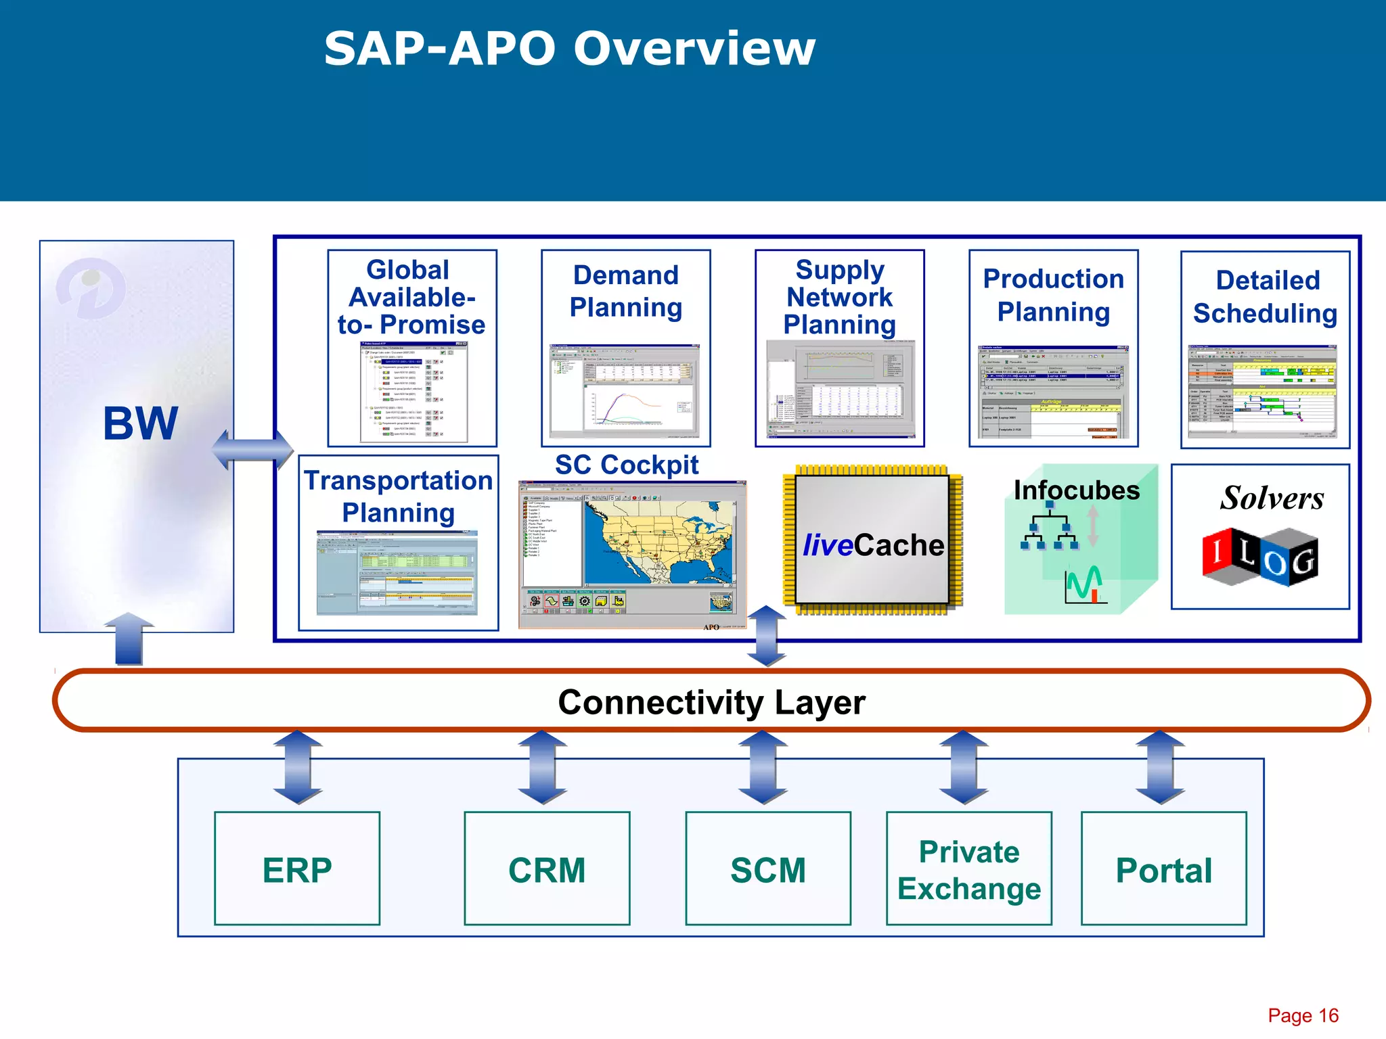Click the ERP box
pos(297,869)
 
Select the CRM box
pos(547,869)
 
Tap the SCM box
pos(768,869)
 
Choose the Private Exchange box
pos(969,869)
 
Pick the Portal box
pos(1164,869)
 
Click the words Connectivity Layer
pos(711,702)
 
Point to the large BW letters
pos(141,424)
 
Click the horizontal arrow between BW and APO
pos(252,449)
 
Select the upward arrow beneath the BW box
pos(129,639)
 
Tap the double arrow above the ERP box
pos(298,767)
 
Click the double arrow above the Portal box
pos(1161,767)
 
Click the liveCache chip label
pos(873,545)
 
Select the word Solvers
pos(1272,499)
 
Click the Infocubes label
pos(1076,490)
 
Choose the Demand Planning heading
pos(626,291)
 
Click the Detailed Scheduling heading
pos(1266,296)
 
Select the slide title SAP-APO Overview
pos(570,49)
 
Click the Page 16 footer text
pos(1303,1015)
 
